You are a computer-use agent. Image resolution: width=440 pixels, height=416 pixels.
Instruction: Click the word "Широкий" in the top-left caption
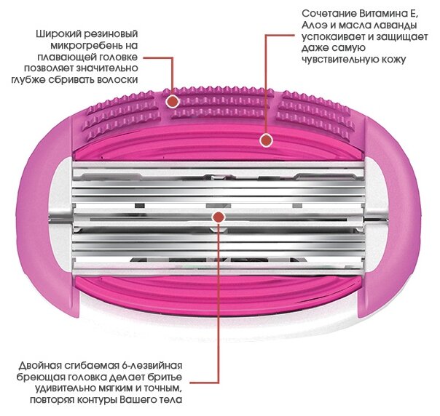pos(59,34)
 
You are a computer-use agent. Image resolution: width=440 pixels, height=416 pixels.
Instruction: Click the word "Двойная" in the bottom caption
pos(41,363)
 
